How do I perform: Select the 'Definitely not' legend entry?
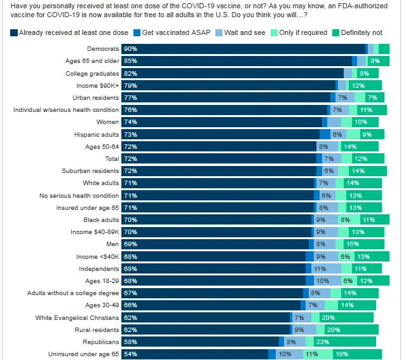coord(361,32)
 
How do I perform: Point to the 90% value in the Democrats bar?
coord(130,48)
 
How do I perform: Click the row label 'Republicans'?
coord(102,342)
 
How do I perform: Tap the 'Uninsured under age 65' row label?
coord(83,354)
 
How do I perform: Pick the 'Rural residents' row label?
coord(96,330)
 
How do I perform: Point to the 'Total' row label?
coord(111,158)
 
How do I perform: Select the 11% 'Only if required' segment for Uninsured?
coord(311,354)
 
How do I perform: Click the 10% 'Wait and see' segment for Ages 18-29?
coord(323,281)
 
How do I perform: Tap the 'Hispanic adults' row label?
coord(96,134)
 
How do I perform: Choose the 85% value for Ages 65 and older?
coord(130,61)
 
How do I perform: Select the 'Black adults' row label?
coord(102,219)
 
